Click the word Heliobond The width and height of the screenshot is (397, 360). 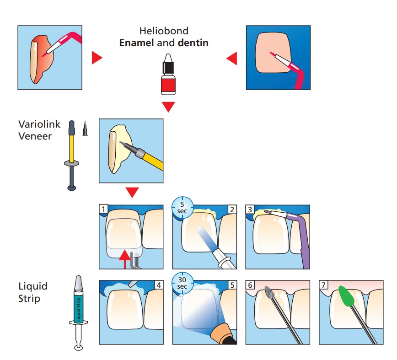(164, 31)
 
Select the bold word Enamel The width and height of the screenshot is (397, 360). (136, 43)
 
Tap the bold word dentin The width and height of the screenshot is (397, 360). (193, 43)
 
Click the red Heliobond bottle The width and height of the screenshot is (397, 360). (168, 74)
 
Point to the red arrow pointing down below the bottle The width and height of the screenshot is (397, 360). (168, 106)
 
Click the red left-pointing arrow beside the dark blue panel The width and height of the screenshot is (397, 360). (232, 58)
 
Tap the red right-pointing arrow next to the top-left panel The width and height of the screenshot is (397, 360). (97, 58)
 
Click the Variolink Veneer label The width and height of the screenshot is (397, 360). (39, 130)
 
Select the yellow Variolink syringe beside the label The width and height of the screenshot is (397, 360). (72, 155)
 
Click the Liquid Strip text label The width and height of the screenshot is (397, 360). (33, 292)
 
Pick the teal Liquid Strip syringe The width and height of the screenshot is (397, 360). (79, 313)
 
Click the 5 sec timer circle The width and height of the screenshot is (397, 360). (182, 208)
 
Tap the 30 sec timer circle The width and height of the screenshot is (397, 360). (182, 283)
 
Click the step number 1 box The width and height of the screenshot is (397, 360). (103, 209)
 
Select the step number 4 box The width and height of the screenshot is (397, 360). (159, 285)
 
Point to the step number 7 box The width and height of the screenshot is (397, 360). (323, 285)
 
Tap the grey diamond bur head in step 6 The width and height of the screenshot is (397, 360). (269, 293)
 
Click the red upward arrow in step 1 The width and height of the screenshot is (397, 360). (124, 259)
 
